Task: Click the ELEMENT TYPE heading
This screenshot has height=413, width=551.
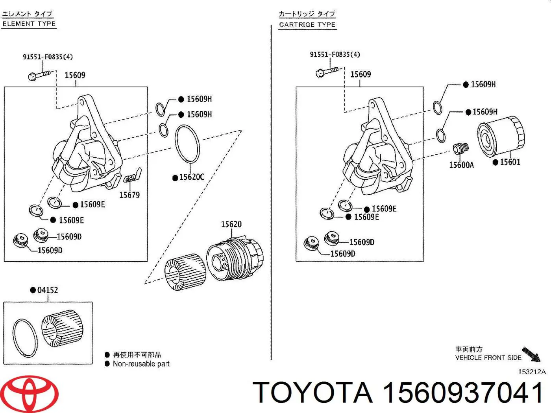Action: pos(29,24)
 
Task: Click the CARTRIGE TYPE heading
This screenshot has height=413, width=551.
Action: pos(307,25)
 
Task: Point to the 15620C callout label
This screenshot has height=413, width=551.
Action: pos(192,177)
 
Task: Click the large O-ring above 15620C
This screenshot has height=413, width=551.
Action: pos(187,144)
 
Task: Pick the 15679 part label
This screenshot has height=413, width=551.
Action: pos(129,195)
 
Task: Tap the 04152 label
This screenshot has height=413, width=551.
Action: pos(47,290)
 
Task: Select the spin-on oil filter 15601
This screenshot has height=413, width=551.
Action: pos(501,136)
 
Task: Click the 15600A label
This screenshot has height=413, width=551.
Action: pos(461,165)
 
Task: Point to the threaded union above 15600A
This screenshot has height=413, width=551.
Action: pos(460,149)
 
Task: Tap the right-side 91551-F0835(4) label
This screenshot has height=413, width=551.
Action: pos(335,55)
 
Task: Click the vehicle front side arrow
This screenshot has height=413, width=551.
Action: pos(531,354)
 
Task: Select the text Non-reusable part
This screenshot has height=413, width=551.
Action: pos(141,364)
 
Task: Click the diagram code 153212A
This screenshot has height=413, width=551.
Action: pos(532,372)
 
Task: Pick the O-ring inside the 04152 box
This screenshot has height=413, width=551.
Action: pos(25,338)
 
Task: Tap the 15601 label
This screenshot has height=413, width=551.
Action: pos(510,162)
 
